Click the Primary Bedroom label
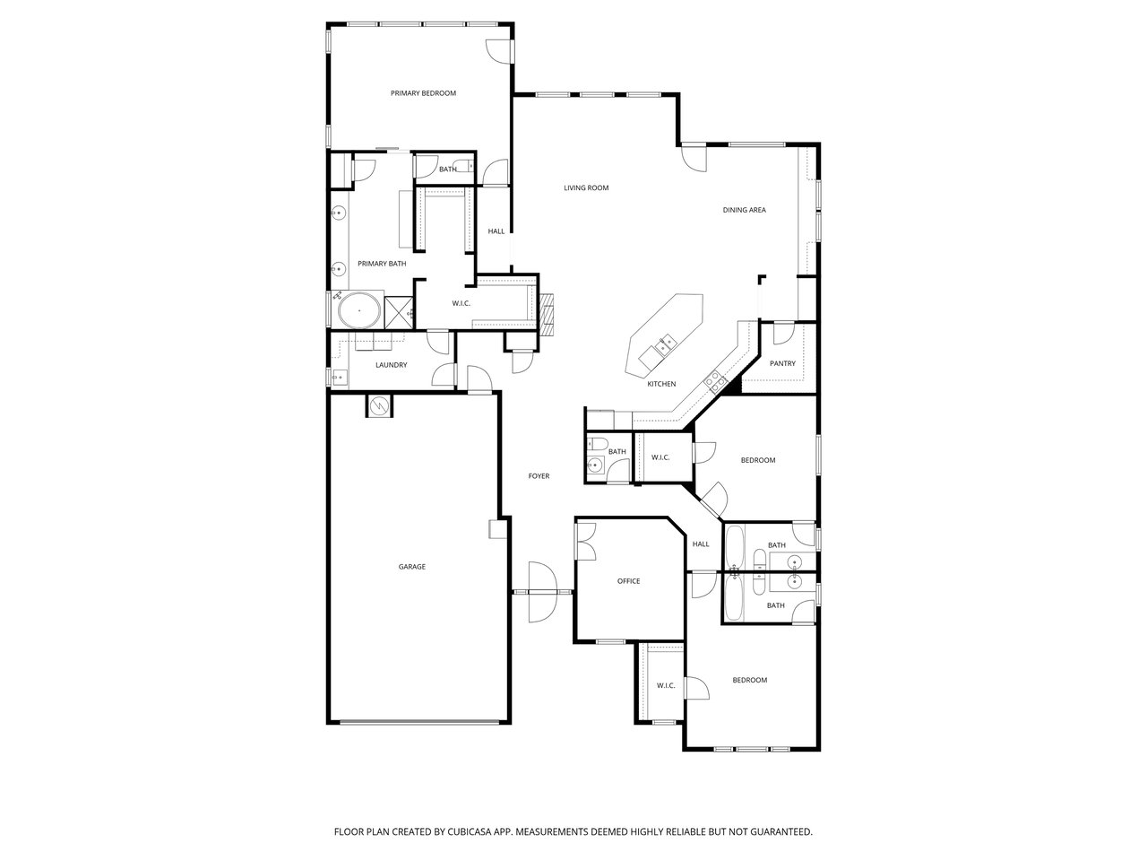pos(423,93)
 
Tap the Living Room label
pos(586,187)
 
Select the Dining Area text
pos(744,210)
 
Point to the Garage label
pos(412,566)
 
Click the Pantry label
pos(782,363)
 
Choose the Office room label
pos(628,581)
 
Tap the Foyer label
pos(539,475)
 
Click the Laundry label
pos(391,365)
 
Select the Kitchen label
pos(661,384)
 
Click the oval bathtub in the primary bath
pos(359,310)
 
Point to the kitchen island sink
pos(666,346)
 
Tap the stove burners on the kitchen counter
pos(714,382)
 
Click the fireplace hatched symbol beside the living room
pos(546,314)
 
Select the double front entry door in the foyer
pos(542,592)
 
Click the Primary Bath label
pos(382,264)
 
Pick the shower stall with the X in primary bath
pos(399,313)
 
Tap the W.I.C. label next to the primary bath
pos(461,303)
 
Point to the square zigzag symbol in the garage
pos(378,405)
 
